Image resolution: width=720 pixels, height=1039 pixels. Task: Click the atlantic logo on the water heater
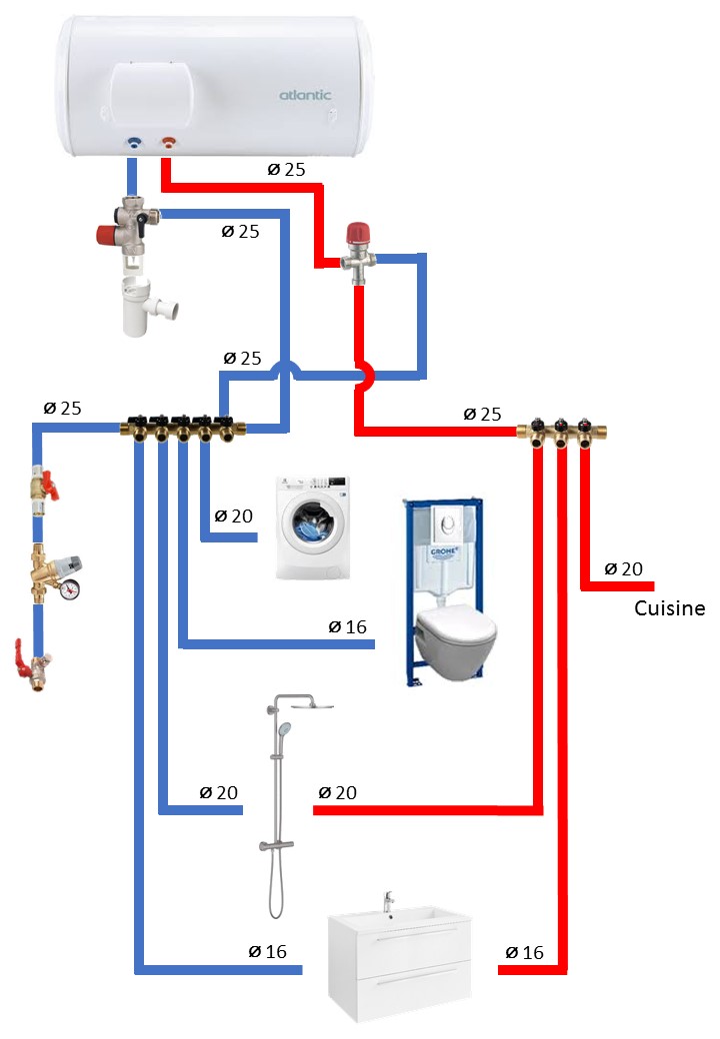304,96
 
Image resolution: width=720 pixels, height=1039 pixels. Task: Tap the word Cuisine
670,608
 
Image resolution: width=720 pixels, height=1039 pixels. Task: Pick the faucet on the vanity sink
389,902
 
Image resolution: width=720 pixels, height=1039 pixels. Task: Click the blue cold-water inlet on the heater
133,144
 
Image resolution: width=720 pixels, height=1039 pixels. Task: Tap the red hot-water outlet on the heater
167,144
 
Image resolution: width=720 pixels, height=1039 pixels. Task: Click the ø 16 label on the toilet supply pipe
347,627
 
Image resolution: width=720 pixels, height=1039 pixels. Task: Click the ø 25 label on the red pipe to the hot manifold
483,414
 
